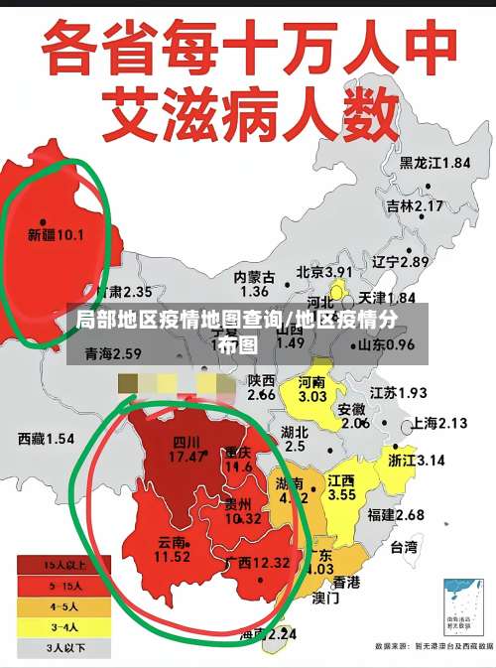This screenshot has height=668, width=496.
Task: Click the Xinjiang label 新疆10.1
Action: click(x=56, y=235)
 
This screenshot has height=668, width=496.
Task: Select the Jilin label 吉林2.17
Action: click(x=415, y=205)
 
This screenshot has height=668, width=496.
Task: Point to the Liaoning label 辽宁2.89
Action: click(x=401, y=262)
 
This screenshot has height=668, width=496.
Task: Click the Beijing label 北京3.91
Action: click(x=324, y=271)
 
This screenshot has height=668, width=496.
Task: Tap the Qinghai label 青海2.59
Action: click(x=113, y=353)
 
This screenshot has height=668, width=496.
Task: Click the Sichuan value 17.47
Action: click(x=186, y=457)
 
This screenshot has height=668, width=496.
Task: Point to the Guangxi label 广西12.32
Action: click(x=258, y=562)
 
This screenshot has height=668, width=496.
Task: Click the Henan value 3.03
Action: click(x=311, y=396)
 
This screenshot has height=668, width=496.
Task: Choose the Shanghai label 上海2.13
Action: click(x=438, y=423)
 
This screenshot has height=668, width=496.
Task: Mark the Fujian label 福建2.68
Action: click(x=396, y=514)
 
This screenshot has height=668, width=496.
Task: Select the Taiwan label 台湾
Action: click(x=404, y=546)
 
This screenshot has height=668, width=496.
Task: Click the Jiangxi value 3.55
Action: click(x=341, y=493)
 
